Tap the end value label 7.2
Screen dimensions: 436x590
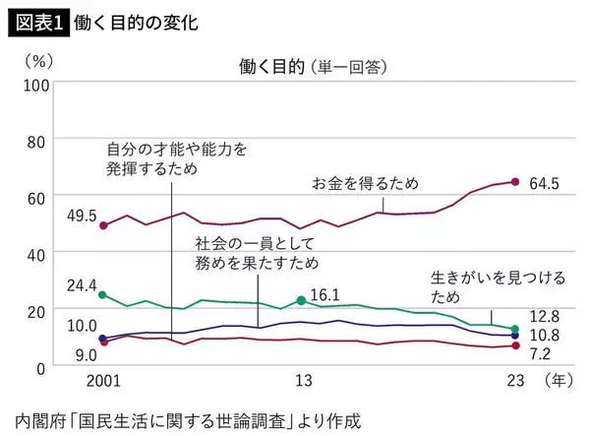tap(542, 351)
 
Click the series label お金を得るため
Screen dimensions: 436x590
tap(365, 183)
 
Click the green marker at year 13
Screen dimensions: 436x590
tap(301, 300)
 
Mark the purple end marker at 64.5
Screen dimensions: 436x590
tap(515, 181)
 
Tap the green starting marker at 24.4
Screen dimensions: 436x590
tap(103, 294)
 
